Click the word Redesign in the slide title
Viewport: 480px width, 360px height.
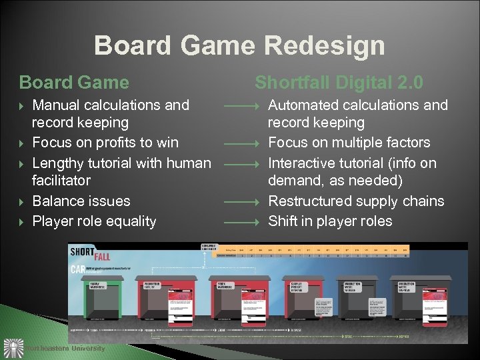pos(324,46)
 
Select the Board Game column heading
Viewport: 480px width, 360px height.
pos(74,83)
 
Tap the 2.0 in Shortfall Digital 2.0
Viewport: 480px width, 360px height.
pos(408,83)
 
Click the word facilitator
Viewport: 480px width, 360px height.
pos(61,180)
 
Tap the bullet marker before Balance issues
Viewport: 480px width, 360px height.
pos(23,201)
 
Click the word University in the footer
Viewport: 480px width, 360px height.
pos(87,348)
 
